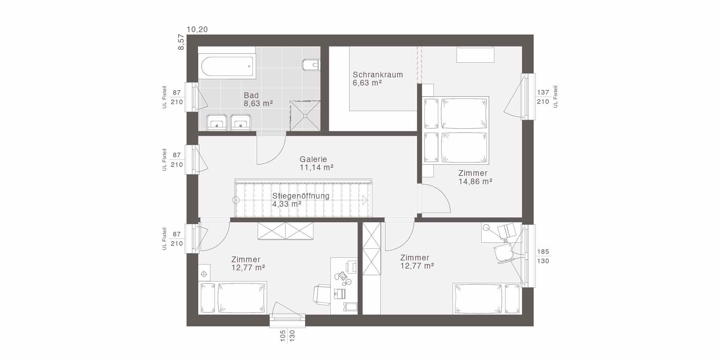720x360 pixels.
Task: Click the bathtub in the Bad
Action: point(227,66)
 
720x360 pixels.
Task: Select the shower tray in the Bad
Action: point(305,116)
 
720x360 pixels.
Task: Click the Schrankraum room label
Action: point(378,75)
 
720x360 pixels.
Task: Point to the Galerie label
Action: point(313,159)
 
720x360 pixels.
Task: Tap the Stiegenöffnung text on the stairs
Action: point(301,196)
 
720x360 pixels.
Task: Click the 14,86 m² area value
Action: point(475,181)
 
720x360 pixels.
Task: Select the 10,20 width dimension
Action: point(197,29)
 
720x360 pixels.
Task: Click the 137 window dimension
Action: point(543,92)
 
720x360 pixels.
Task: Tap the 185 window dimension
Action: point(543,252)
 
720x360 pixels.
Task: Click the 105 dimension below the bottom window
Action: point(283,336)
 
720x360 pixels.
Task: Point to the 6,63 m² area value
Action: point(367,83)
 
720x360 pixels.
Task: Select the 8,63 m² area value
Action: point(258,103)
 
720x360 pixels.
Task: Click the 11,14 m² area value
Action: point(317,167)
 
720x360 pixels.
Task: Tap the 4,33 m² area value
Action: point(287,204)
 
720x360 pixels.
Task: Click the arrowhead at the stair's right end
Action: point(365,200)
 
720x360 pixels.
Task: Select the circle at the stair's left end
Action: point(236,200)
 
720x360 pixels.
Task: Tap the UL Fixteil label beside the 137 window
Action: point(555,97)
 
